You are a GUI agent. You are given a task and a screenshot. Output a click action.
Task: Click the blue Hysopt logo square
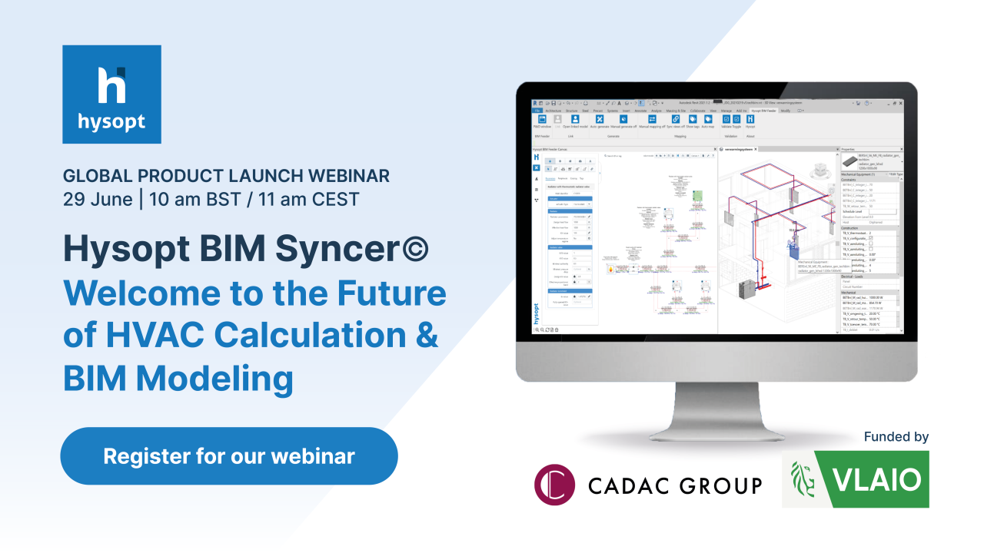(111, 94)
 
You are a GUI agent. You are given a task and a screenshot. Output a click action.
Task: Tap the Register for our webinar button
(229, 456)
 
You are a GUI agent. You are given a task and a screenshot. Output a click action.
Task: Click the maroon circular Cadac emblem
(555, 485)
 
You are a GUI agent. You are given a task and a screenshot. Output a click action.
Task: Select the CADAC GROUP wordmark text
(674, 485)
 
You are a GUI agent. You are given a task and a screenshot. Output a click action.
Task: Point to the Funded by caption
(896, 437)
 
